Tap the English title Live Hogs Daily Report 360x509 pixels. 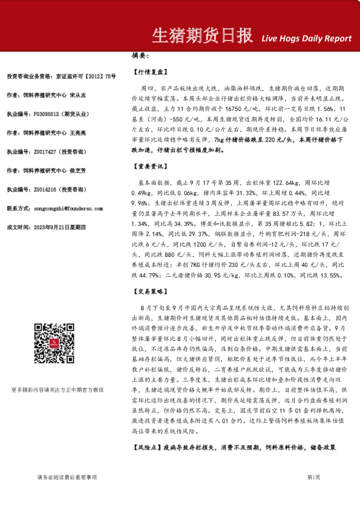click(306, 39)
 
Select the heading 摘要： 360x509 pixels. click(140, 56)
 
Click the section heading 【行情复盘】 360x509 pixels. click(148, 71)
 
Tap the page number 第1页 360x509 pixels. click(313, 478)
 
